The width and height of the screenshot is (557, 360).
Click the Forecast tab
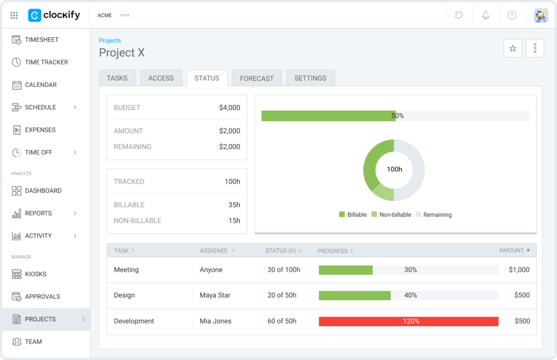pyautogui.click(x=257, y=78)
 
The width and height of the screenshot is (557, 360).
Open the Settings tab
pyautogui.click(x=310, y=78)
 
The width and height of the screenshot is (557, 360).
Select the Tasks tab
pyautogui.click(x=117, y=78)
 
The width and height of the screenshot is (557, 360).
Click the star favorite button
pyautogui.click(x=513, y=48)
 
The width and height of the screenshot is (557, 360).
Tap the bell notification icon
pyautogui.click(x=485, y=15)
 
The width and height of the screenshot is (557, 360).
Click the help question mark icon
pyautogui.click(x=512, y=15)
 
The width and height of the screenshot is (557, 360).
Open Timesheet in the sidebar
pyautogui.click(x=42, y=40)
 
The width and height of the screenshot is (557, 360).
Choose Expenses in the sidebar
pyautogui.click(x=40, y=130)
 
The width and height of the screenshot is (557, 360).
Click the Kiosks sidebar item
pyautogui.click(x=36, y=274)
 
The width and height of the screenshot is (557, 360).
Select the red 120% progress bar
pyautogui.click(x=409, y=321)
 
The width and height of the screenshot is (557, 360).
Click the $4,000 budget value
pyautogui.click(x=229, y=108)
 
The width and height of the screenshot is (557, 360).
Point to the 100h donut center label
pyautogui.click(x=394, y=170)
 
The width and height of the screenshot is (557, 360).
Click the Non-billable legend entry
pyautogui.click(x=391, y=215)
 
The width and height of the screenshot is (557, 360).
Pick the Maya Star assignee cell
pyautogui.click(x=215, y=295)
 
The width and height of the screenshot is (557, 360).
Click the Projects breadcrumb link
pyautogui.click(x=110, y=41)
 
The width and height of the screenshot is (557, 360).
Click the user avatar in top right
pyautogui.click(x=541, y=15)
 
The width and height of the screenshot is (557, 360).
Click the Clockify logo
pyautogui.click(x=54, y=15)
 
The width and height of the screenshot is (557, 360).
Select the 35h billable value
pyautogui.click(x=234, y=205)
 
